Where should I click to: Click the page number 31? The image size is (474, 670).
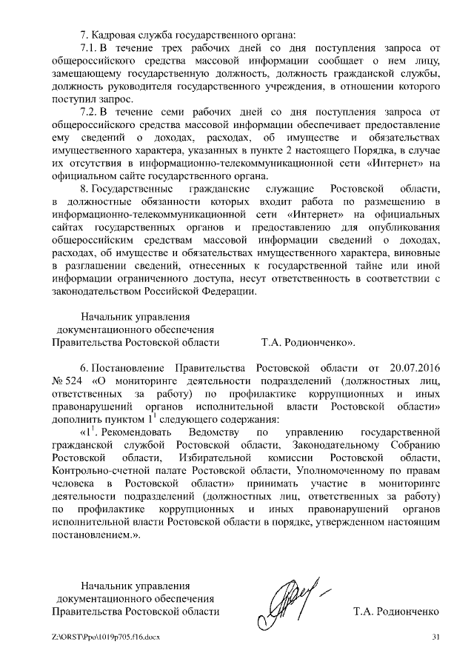[435, 637]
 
